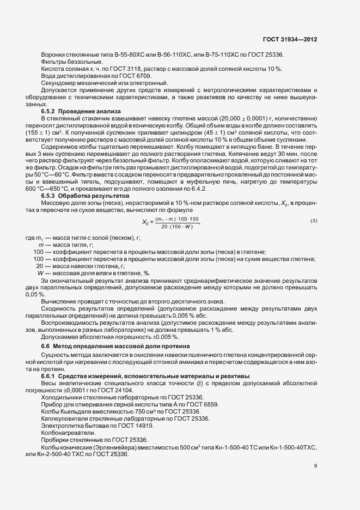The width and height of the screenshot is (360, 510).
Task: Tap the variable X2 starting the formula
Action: [x=146, y=222]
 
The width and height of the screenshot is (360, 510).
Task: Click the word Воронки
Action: [x=52, y=54]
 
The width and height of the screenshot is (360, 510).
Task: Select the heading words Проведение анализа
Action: [x=87, y=111]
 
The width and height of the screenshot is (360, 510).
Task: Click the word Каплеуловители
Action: [x=64, y=418]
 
